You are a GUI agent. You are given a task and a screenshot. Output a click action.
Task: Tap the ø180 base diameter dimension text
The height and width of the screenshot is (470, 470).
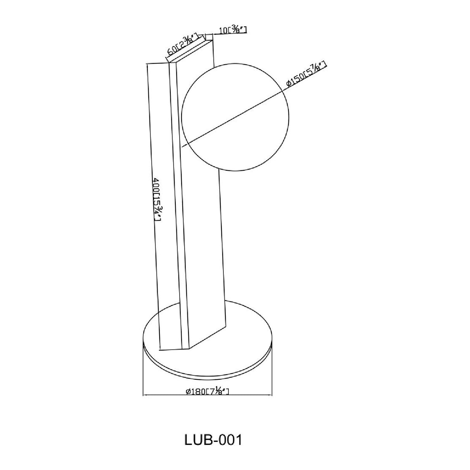pyautogui.click(x=208, y=392)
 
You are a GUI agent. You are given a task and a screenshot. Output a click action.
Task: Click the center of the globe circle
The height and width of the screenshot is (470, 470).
pyautogui.click(x=235, y=118)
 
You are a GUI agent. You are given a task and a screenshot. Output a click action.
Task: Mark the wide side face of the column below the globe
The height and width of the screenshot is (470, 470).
pyautogui.click(x=203, y=252)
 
